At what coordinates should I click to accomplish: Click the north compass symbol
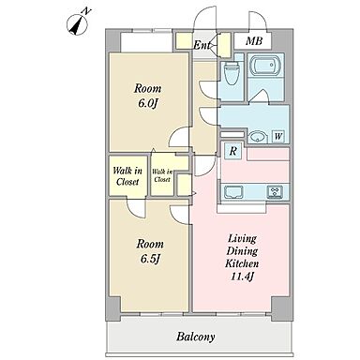pyautogui.click(x=78, y=22)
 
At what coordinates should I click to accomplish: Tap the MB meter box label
pyautogui.click(x=253, y=41)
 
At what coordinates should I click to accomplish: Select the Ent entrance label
pyautogui.click(x=202, y=45)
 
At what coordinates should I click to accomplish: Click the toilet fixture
pyautogui.click(x=232, y=73)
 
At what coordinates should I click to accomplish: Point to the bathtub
pyautogui.click(x=266, y=66)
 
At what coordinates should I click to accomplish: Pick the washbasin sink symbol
pyautogui.click(x=258, y=137)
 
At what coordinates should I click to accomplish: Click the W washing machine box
pyautogui.click(x=278, y=136)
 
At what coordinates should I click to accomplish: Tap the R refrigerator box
pyautogui.click(x=232, y=152)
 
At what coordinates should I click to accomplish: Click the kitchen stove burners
pyautogui.click(x=275, y=191)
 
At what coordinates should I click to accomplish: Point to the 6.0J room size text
pyautogui.click(x=147, y=103)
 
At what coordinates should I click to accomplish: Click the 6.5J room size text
pyautogui.click(x=150, y=259)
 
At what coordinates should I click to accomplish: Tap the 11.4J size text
pyautogui.click(x=242, y=277)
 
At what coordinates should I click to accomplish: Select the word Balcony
pyautogui.click(x=196, y=337)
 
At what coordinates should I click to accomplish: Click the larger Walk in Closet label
pyautogui.click(x=127, y=176)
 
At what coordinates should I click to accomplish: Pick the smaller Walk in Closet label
pyautogui.click(x=162, y=175)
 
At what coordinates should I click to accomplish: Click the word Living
pyautogui.click(x=242, y=239)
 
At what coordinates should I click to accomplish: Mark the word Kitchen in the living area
pyautogui.click(x=242, y=263)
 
